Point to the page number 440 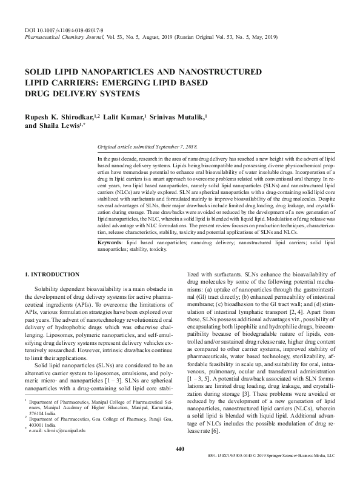pyautogui.click(x=179, y=466)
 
